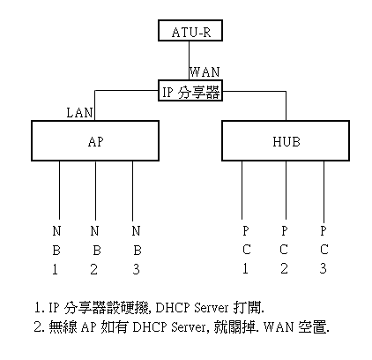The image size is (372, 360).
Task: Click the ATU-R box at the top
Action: point(190,30)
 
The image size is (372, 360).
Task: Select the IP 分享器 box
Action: point(190,91)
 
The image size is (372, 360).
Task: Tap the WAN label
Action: point(205,72)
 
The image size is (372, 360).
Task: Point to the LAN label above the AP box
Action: point(79,113)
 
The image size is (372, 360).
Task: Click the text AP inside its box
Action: point(96,142)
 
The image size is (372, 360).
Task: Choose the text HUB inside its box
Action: point(286,142)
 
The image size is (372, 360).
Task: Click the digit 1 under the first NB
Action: point(55,269)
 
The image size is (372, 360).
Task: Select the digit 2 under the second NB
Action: point(93,269)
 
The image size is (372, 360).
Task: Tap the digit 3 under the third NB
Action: point(136,269)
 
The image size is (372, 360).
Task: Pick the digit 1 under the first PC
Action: point(245,268)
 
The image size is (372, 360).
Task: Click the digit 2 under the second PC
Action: point(284,268)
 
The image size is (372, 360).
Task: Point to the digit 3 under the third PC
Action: point(323,268)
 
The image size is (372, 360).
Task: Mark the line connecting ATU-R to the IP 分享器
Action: point(189,60)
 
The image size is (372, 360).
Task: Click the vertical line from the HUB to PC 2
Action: point(286,190)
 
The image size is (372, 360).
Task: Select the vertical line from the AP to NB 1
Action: point(60,190)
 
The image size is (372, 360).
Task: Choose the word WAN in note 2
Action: point(279,327)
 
